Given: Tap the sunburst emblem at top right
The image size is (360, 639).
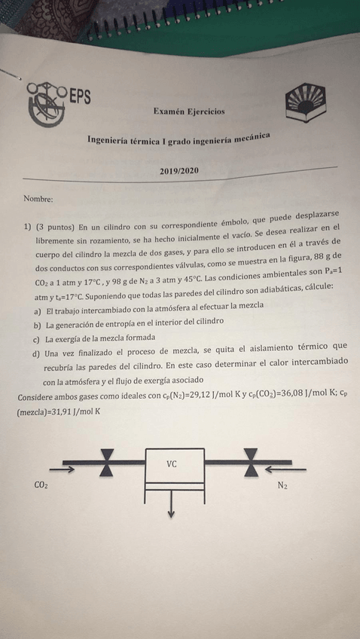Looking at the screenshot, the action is (x=306, y=105).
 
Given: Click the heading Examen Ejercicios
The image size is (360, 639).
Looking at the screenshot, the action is (x=188, y=112).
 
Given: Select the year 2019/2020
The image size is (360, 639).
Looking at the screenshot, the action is (x=179, y=171).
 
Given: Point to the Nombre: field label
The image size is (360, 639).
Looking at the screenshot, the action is (x=38, y=200).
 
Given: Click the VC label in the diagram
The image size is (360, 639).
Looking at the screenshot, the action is (x=172, y=464).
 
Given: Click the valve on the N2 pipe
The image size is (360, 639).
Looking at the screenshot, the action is (x=251, y=462).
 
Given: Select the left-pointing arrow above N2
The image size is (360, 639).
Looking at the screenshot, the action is (x=294, y=469).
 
